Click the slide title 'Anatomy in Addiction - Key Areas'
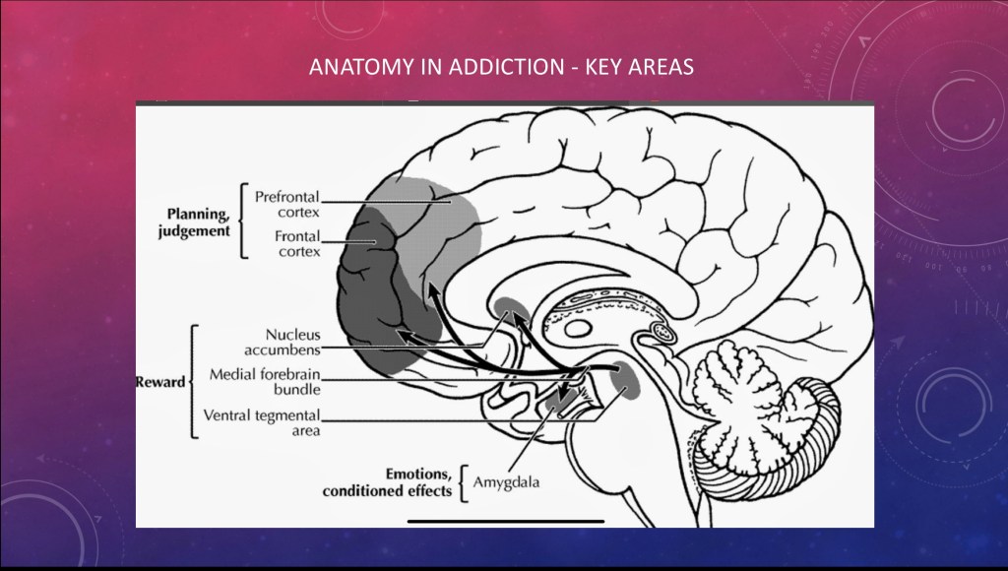coord(502,68)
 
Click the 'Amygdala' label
coord(506,482)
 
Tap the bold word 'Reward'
coord(159,382)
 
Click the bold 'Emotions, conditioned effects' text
coord(388,482)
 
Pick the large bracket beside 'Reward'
coord(194,381)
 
